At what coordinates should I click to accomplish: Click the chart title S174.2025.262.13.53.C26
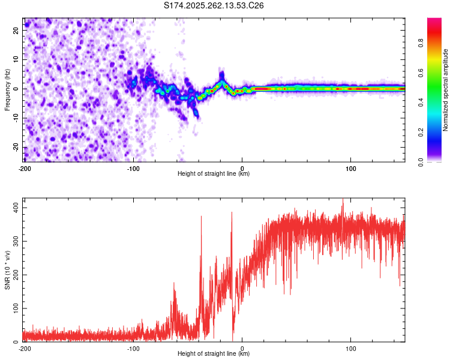[214, 5]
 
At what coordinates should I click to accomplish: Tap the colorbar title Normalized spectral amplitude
[446, 89]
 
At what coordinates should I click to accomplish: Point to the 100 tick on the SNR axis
[14, 308]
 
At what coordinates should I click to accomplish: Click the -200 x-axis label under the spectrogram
[25, 168]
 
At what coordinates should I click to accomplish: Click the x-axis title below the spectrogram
[214, 174]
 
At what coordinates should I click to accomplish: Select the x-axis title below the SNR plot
[214, 354]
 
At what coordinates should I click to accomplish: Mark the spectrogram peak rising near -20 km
[221, 75]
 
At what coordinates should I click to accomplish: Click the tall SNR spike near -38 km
[201, 217]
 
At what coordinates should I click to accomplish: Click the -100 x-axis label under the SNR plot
[133, 348]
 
